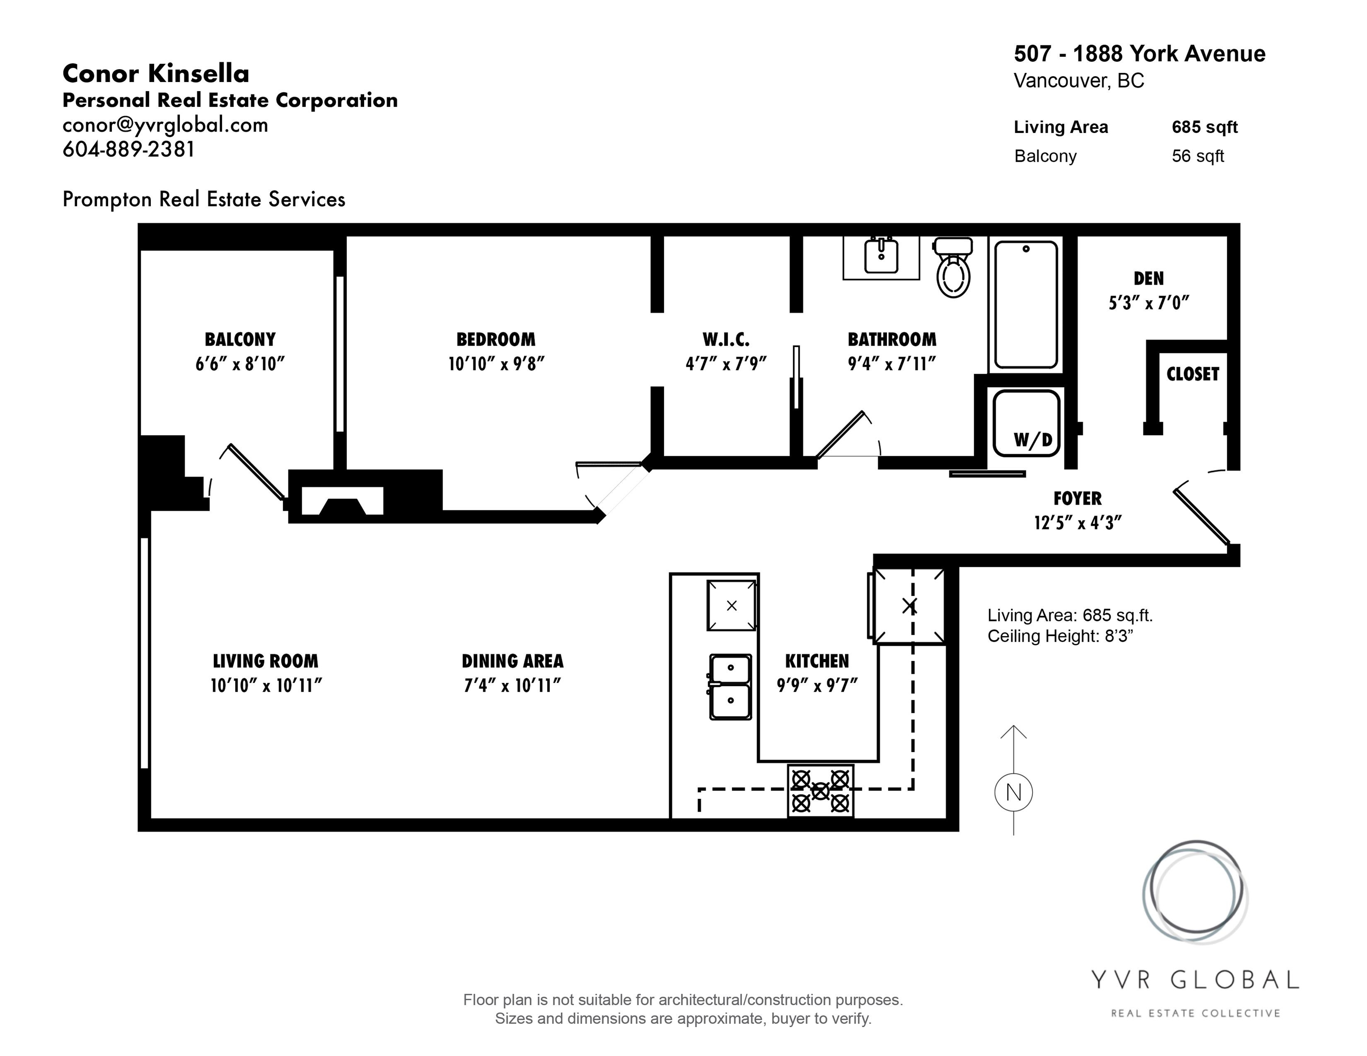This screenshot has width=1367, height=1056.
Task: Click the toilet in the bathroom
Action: [952, 268]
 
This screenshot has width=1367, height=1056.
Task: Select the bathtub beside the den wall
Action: [1026, 305]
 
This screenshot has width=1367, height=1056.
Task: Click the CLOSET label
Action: [1192, 374]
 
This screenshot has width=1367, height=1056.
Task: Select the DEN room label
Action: [1149, 278]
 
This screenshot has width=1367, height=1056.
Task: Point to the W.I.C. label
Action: [726, 340]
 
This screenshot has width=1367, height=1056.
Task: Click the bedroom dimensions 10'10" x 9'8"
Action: [496, 364]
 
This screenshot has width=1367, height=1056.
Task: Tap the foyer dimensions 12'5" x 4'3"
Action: [1078, 523]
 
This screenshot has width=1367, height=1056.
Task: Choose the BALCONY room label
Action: [240, 340]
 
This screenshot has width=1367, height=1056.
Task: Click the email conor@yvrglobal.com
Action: [165, 125]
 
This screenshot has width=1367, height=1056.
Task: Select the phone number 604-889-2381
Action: [129, 149]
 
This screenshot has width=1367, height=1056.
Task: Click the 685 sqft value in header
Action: [1205, 127]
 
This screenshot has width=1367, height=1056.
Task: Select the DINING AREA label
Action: [513, 661]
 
